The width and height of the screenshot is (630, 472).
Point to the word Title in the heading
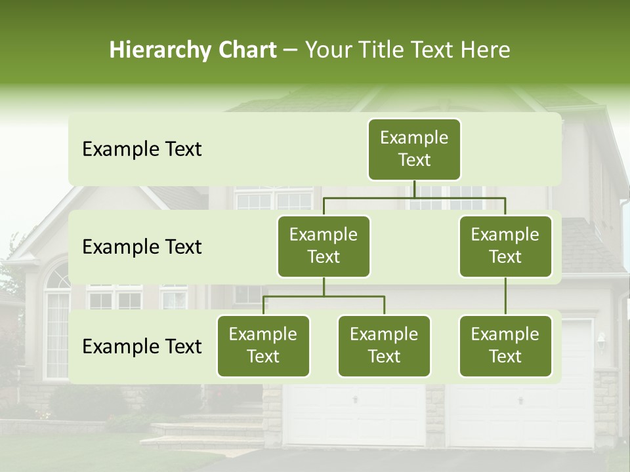tap(382, 50)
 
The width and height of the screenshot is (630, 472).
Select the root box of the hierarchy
tap(414, 149)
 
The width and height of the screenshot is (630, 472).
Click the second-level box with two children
tap(324, 246)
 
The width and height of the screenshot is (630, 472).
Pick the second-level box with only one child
tap(505, 246)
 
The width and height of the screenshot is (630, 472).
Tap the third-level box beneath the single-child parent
tap(505, 346)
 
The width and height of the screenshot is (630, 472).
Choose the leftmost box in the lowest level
tap(263, 346)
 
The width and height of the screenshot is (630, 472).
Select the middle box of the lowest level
tap(384, 346)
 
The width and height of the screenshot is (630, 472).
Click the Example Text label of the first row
tap(142, 149)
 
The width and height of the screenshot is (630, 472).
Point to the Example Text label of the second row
tap(142, 247)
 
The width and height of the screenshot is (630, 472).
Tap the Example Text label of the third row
tap(142, 347)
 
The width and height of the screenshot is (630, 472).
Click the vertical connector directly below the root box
tap(414, 189)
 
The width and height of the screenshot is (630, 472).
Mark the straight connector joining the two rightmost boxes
tap(505, 296)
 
